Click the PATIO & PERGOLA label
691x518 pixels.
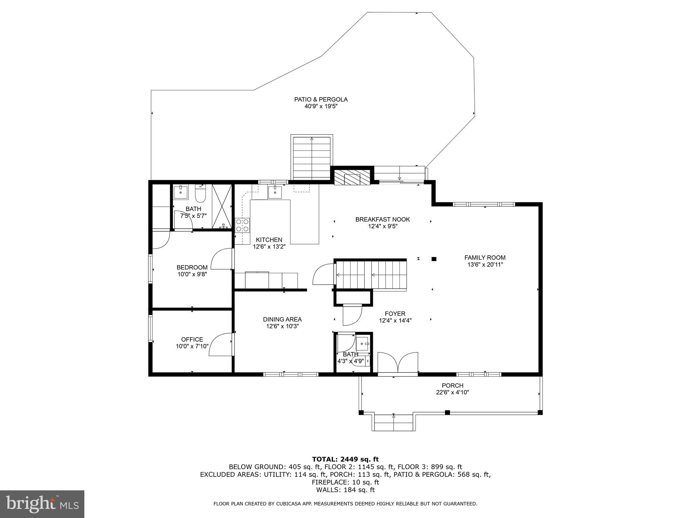(321, 99)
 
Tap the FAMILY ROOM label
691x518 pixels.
(485, 258)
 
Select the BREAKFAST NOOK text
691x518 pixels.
(383, 220)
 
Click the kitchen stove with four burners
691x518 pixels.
(243, 225)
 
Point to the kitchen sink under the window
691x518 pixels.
(275, 192)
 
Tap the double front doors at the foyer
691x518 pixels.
(398, 363)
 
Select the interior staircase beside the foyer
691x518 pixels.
(371, 275)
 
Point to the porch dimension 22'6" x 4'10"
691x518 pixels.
(452, 393)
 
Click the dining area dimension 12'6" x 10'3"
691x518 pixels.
(282, 326)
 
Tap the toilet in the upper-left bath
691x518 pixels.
(200, 192)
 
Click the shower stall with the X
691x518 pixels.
(222, 206)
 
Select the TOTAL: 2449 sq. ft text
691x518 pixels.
(345, 459)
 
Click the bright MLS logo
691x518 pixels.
(42, 504)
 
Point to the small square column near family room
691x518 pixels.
(434, 259)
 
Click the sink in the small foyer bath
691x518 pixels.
(363, 344)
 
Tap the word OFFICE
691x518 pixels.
(192, 339)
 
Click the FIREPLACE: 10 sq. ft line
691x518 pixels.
(345, 482)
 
